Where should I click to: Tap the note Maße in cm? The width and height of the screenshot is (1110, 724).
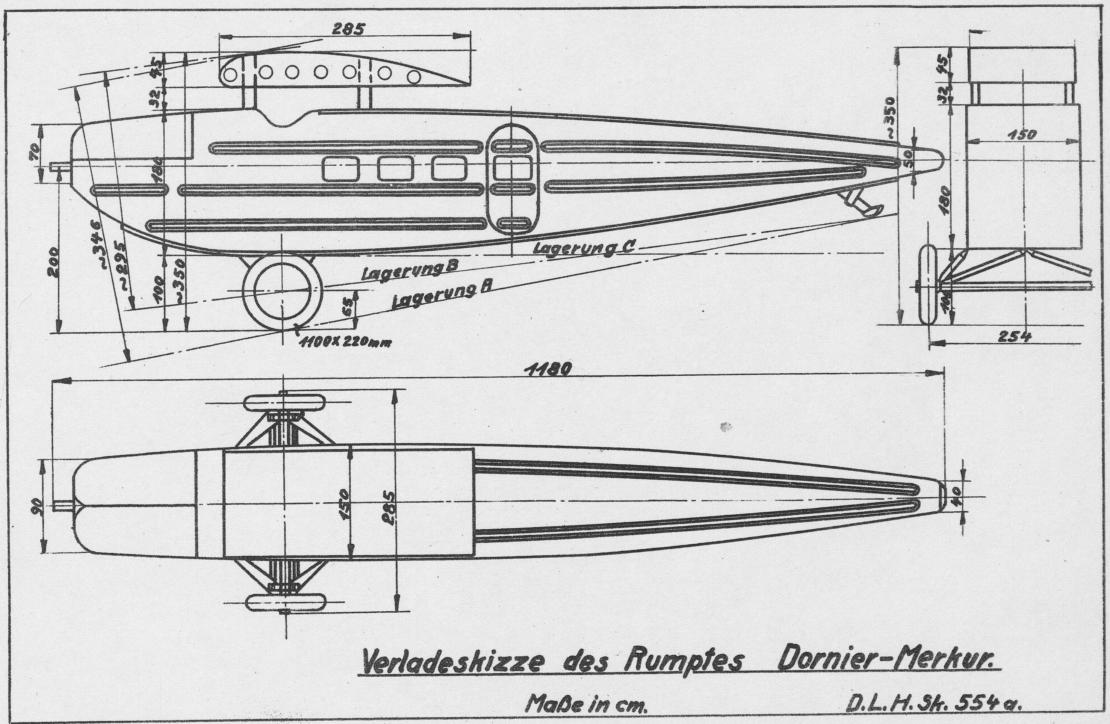coord(587,704)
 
